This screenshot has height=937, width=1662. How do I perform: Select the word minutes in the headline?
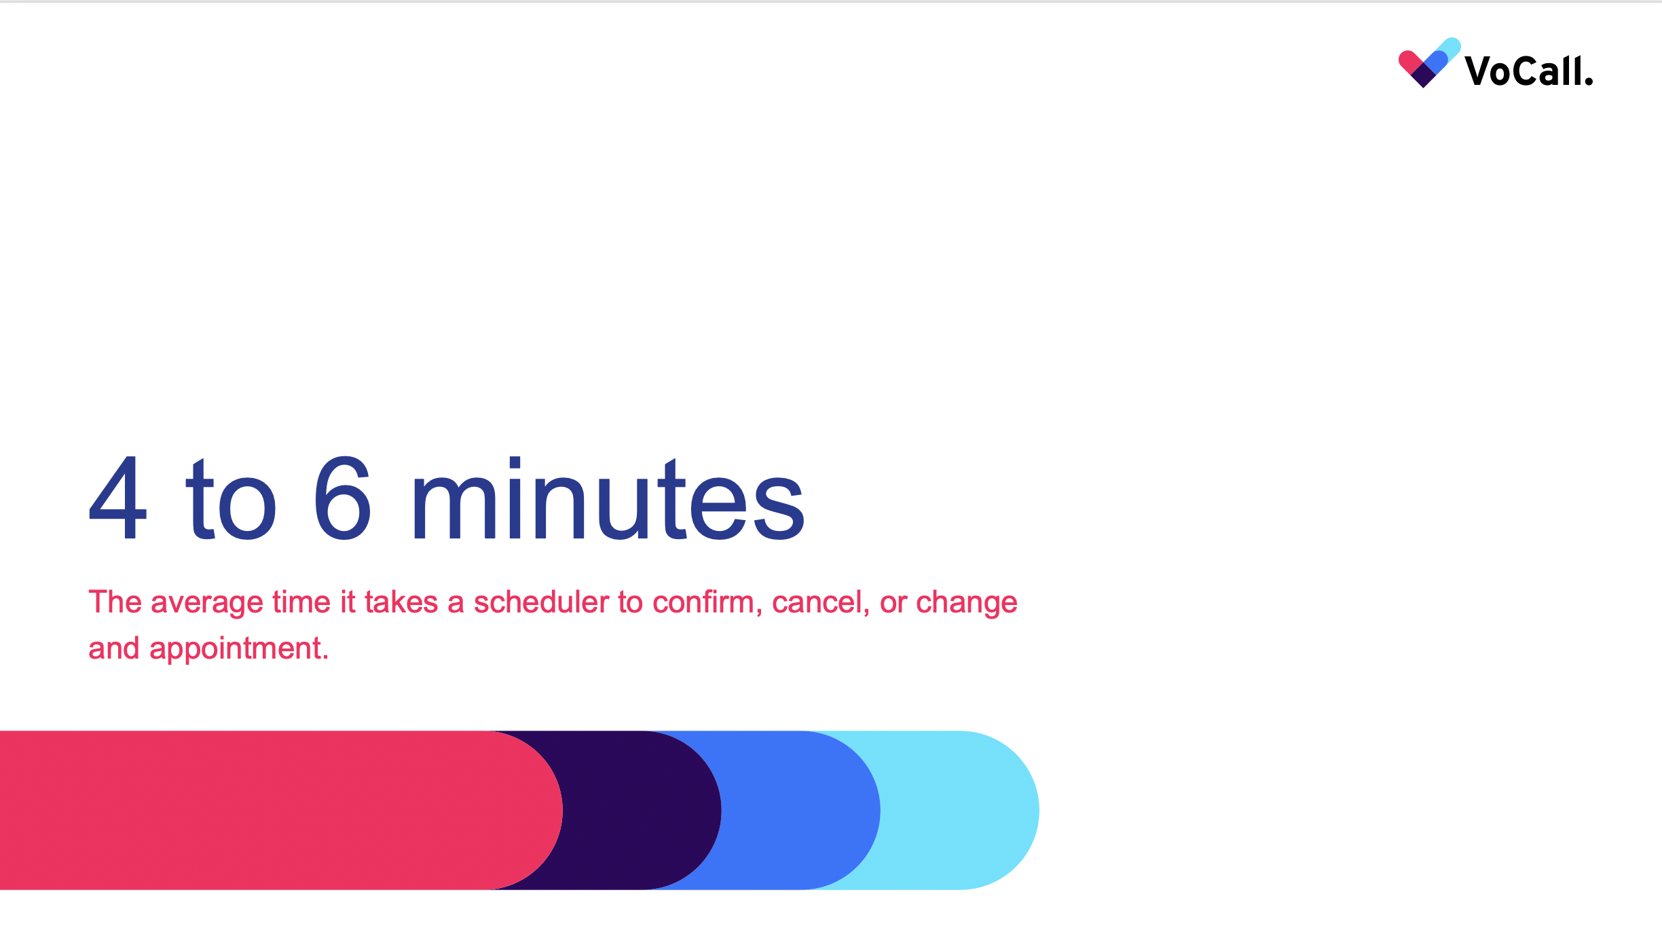[x=608, y=499]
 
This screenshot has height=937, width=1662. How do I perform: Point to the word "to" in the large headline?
[x=232, y=500]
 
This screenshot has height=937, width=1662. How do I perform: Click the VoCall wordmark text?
[x=1529, y=71]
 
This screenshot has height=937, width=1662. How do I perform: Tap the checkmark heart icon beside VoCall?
[x=1429, y=62]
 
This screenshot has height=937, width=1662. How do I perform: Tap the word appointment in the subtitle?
[x=239, y=649]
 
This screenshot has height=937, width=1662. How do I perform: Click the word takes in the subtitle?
[x=401, y=602]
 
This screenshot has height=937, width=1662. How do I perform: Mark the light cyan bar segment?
[x=964, y=810]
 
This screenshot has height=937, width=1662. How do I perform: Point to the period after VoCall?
[x=1589, y=81]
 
